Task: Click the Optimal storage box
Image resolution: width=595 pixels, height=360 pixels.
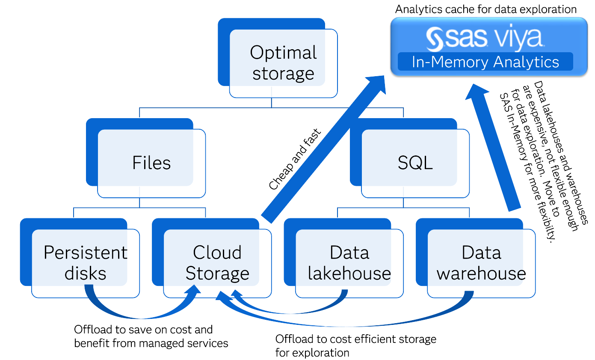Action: [x=283, y=63]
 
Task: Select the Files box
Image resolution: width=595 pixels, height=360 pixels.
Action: [x=151, y=163]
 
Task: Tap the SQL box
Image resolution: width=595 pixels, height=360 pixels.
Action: [x=415, y=163]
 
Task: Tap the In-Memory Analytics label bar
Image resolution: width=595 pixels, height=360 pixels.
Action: [x=485, y=62]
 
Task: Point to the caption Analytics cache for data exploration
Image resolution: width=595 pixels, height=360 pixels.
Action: [x=485, y=9]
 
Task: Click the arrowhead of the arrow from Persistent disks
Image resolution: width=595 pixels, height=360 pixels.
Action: [x=192, y=292]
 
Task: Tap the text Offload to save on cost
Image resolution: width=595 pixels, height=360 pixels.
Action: [x=143, y=330]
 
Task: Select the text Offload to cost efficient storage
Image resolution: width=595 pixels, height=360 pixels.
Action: [x=355, y=339]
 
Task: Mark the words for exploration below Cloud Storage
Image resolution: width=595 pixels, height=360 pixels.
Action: [x=312, y=353]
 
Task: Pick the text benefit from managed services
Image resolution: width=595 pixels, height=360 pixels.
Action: [x=151, y=343]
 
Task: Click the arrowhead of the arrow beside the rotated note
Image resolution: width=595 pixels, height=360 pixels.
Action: [x=477, y=92]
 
